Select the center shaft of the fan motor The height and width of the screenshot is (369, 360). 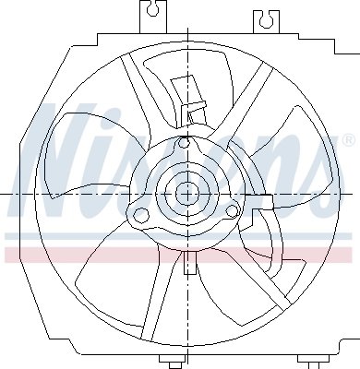[188, 194]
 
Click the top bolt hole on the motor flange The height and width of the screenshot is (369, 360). [185, 144]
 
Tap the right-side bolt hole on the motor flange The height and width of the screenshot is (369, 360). [230, 212]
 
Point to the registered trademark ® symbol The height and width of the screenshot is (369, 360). [347, 140]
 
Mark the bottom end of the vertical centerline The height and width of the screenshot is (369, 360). [188, 366]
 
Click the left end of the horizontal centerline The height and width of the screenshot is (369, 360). [3, 194]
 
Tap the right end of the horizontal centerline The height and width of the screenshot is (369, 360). [357, 194]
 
